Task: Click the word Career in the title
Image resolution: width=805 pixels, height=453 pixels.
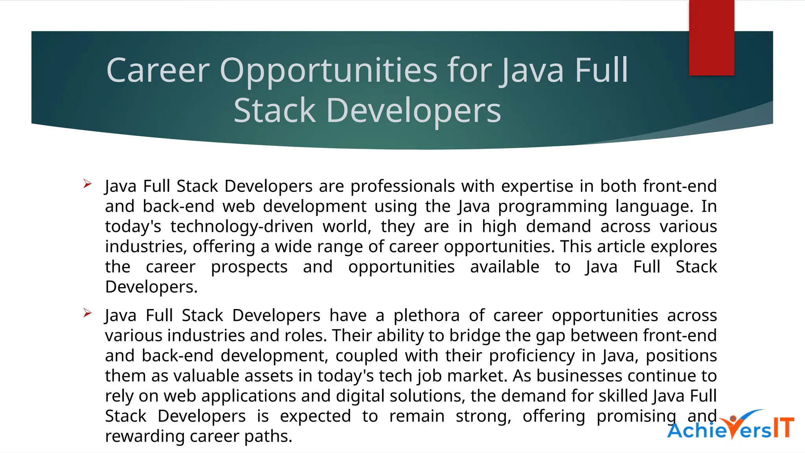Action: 158,71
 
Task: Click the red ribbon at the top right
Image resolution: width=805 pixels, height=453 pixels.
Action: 711,37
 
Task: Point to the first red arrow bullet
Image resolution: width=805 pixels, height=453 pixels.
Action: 87,184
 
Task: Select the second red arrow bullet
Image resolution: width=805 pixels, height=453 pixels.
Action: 87,313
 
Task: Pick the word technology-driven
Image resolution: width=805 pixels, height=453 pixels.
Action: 242,227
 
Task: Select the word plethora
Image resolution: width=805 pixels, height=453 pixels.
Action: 426,316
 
